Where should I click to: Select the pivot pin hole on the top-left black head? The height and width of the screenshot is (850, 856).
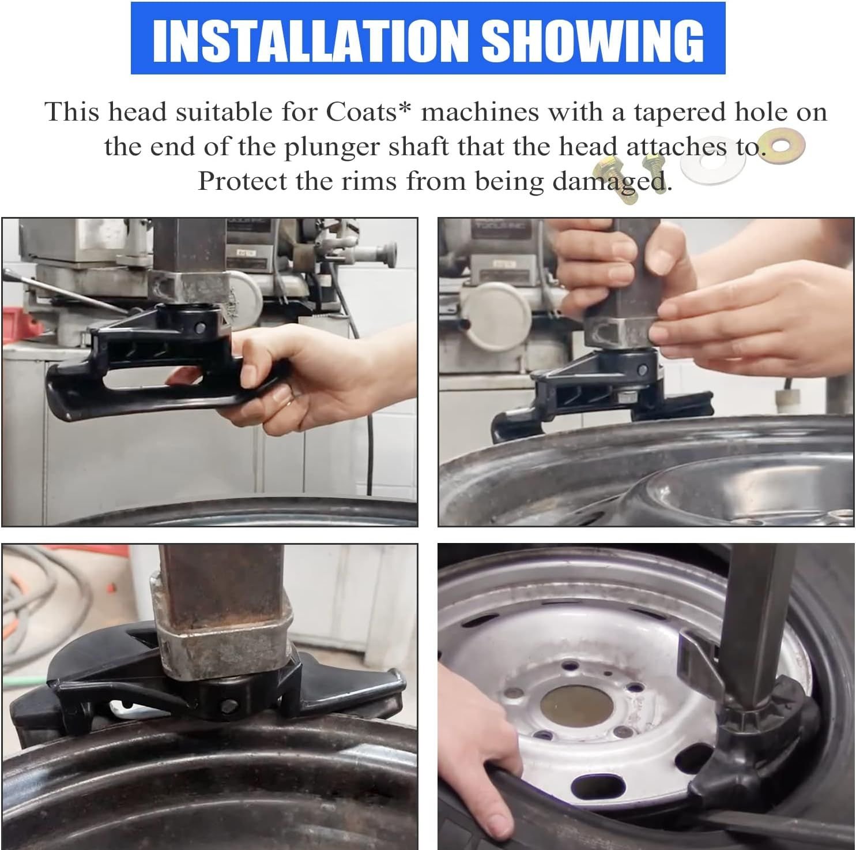pos(199,327)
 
